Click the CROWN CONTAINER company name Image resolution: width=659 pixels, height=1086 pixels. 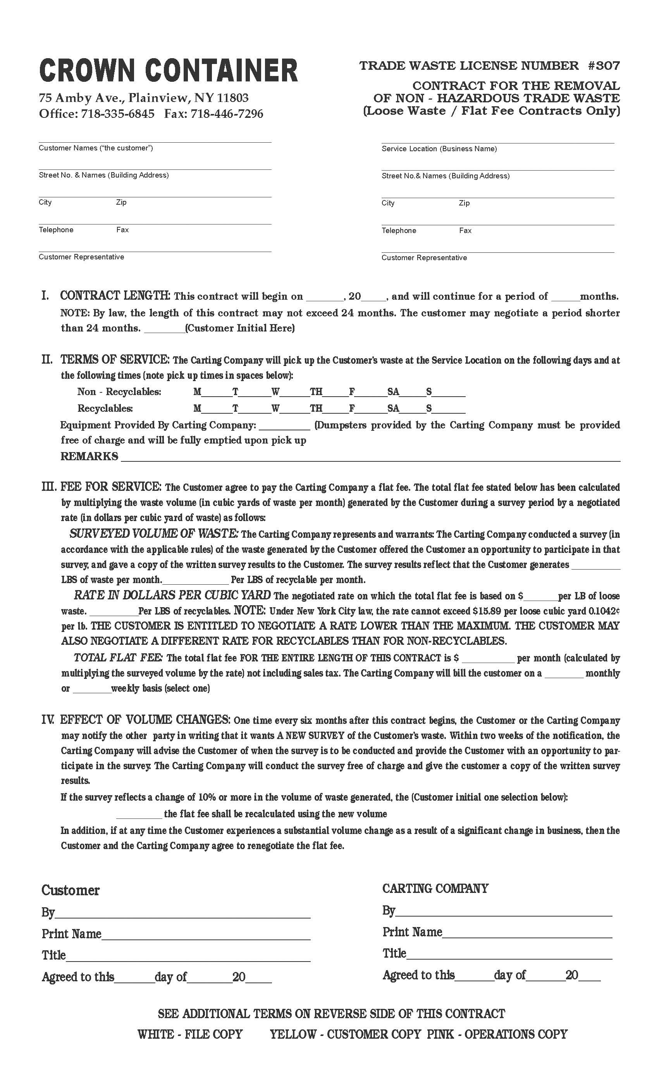pyautogui.click(x=168, y=71)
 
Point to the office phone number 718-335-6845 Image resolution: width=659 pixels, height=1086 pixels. pyautogui.click(x=118, y=114)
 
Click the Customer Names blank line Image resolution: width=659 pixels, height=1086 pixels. pyautogui.click(x=155, y=138)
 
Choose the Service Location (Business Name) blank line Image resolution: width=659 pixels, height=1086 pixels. pyautogui.click(x=497, y=139)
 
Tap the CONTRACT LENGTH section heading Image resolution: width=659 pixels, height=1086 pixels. pyautogui.click(x=115, y=296)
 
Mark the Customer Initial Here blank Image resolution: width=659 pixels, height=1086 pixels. pyautogui.click(x=164, y=328)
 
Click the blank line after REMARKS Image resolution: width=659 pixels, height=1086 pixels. pyautogui.click(x=370, y=457)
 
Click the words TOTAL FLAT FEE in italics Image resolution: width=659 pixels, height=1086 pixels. pyautogui.click(x=118, y=658)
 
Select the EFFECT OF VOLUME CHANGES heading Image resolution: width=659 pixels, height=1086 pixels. pyautogui.click(x=145, y=720)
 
